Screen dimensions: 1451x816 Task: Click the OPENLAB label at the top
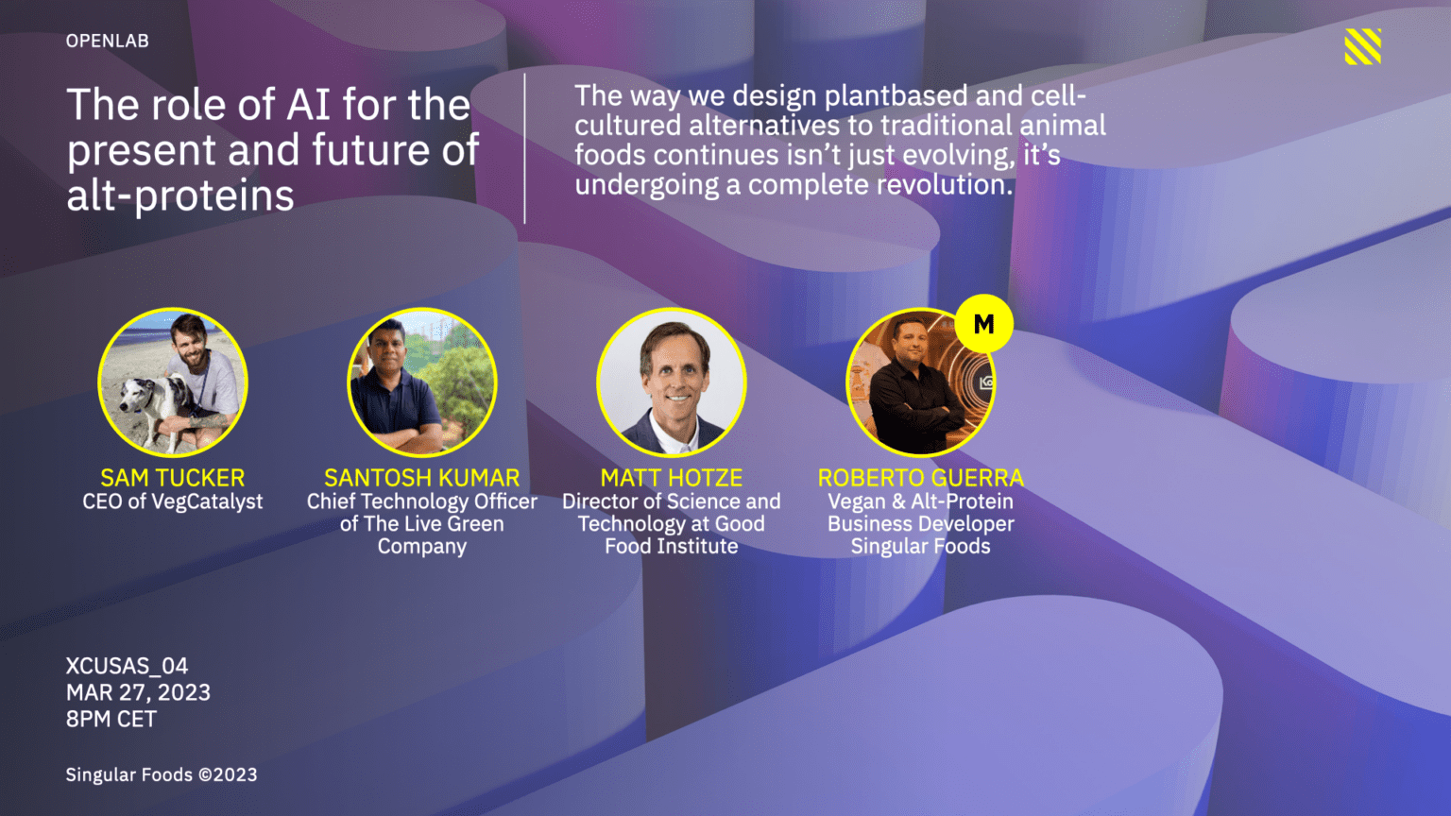click(x=108, y=41)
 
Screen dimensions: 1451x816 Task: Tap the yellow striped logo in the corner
click(x=1362, y=46)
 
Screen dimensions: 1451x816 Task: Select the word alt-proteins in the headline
click(x=180, y=195)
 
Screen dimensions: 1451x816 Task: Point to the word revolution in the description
click(x=945, y=185)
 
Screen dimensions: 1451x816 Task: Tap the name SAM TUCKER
click(x=172, y=478)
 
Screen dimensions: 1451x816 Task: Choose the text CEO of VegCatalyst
click(x=172, y=501)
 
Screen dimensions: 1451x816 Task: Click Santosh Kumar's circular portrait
click(x=421, y=382)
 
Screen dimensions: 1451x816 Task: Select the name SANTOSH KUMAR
click(x=421, y=478)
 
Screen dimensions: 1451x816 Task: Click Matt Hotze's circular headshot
click(x=671, y=382)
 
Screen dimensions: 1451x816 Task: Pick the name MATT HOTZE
click(x=671, y=478)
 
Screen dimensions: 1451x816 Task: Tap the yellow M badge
click(x=984, y=323)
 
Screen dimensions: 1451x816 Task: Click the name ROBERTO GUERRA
click(x=920, y=478)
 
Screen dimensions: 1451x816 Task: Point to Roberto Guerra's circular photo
click(x=920, y=382)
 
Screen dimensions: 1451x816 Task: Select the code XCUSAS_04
click(x=127, y=666)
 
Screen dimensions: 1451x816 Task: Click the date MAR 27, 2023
click(x=138, y=692)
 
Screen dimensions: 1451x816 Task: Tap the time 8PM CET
click(x=111, y=719)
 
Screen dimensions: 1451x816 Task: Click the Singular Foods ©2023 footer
click(x=162, y=774)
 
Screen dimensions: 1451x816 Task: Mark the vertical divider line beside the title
click(x=524, y=148)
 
